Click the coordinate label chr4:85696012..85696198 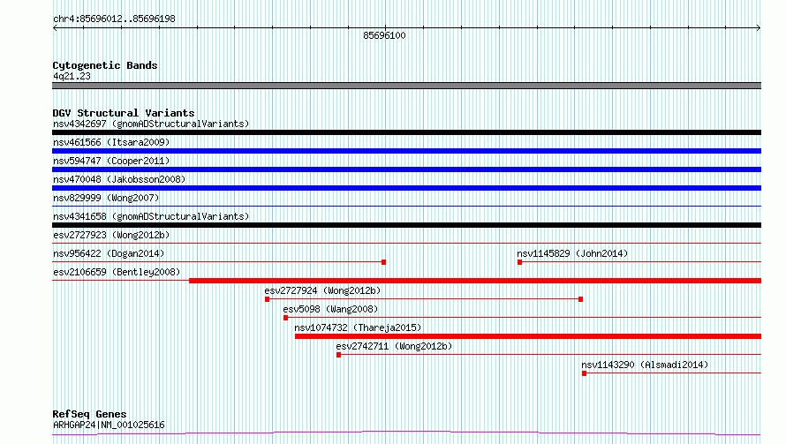pos(114,19)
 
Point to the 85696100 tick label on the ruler pos(384,35)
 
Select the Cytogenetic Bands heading pos(105,65)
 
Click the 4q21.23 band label pos(72,76)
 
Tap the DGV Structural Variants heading pos(124,113)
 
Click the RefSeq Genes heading pos(90,414)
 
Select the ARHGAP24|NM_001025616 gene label pos(109,425)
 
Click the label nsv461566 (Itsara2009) pos(111,142)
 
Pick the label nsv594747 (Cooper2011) pos(111,161)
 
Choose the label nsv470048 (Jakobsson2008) pos(119,179)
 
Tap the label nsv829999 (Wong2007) pos(106,198)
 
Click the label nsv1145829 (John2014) pos(572,253)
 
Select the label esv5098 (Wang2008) pos(330,309)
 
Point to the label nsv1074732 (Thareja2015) pos(358,327)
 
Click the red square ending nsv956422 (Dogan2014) pos(383,262)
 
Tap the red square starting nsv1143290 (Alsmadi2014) pos(584,373)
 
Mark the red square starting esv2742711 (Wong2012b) pos(338,355)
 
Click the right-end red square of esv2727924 pos(580,299)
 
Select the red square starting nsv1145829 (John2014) pos(520,262)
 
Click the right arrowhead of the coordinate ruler pos(759,28)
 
